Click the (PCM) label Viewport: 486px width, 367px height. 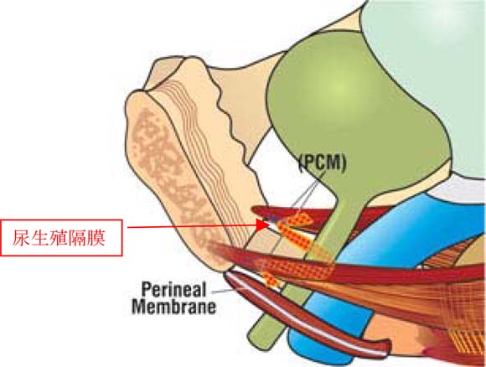click(x=323, y=163)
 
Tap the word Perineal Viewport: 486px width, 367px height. click(x=173, y=290)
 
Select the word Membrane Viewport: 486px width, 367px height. click(x=173, y=307)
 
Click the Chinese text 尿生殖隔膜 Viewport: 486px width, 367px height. click(x=59, y=238)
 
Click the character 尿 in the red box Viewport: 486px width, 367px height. click(x=22, y=238)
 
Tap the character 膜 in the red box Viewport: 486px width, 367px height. click(x=96, y=238)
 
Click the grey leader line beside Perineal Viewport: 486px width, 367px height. click(x=222, y=292)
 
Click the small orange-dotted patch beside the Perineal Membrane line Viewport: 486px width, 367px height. click(x=271, y=279)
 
